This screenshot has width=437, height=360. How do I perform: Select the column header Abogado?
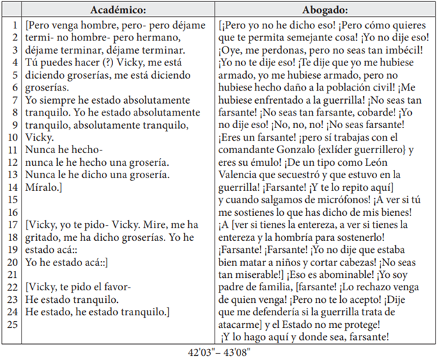point(325,10)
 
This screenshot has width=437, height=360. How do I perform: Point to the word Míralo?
point(41,189)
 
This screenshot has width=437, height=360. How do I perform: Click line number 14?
point(13,189)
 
